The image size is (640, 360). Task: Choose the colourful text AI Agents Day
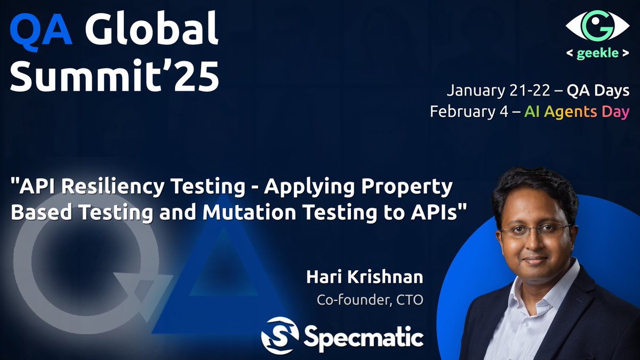(x=577, y=112)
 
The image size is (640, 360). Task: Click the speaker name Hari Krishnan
(x=365, y=277)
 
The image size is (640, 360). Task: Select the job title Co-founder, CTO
(x=370, y=300)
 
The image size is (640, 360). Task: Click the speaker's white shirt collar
(x=525, y=288)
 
